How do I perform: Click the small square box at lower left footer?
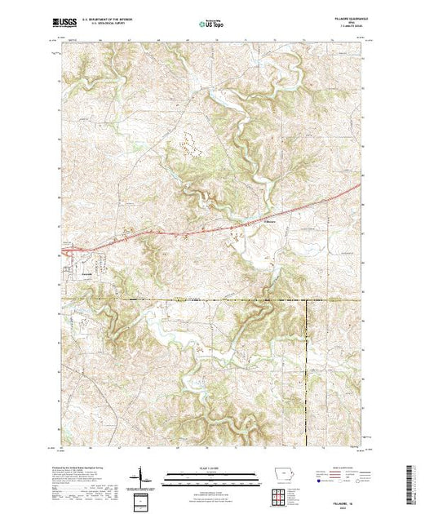[140, 499]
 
